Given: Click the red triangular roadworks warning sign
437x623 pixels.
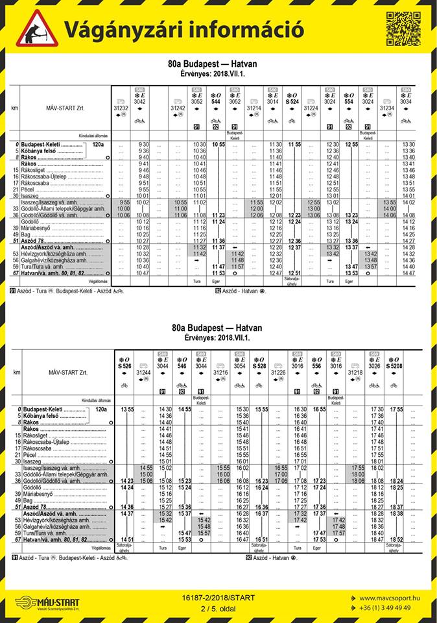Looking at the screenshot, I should pyautogui.click(x=37, y=29).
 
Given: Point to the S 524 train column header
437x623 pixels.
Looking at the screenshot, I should pyautogui.click(x=292, y=102).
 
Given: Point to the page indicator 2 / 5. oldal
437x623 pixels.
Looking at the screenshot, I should pyautogui.click(x=218, y=607).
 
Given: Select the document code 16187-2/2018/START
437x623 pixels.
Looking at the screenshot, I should pyautogui.click(x=218, y=598).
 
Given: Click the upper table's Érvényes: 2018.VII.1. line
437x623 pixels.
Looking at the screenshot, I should pyautogui.click(x=218, y=73).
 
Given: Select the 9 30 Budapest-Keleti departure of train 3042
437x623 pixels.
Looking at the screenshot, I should pyautogui.click(x=143, y=144).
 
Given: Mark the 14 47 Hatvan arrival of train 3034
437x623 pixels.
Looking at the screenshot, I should pyautogui.click(x=408, y=273).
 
